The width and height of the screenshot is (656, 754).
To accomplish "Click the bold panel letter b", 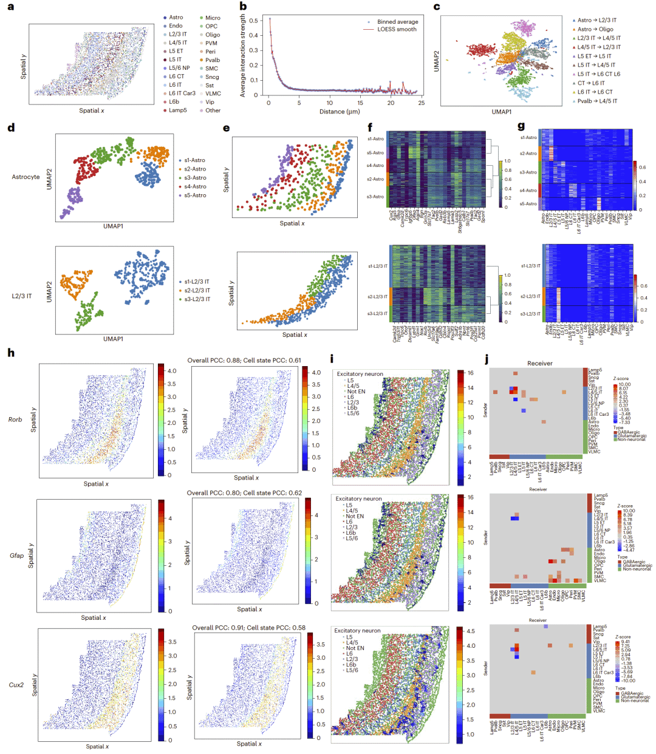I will click(243, 7).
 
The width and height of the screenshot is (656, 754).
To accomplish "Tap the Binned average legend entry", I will click(397, 22).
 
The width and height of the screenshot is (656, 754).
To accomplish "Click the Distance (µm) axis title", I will click(340, 112).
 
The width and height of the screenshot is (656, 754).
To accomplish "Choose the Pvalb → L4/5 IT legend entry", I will click(596, 101).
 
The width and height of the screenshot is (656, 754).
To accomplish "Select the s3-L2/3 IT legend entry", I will click(197, 299).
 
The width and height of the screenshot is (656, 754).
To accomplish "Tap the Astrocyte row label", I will click(26, 177).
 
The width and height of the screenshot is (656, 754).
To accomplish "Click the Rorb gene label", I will click(15, 419).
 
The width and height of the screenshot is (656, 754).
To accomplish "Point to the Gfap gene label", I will click(16, 555).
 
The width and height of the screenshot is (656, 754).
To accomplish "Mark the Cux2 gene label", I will click(16, 685).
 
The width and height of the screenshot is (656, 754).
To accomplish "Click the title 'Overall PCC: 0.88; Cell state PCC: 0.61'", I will click(244, 361).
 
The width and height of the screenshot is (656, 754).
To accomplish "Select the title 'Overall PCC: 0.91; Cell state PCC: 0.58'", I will click(249, 628).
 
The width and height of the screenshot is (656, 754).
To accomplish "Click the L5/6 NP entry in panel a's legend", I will click(179, 68).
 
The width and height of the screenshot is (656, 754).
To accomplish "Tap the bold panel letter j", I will click(487, 359).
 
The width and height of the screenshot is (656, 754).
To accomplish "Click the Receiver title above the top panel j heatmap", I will click(539, 363).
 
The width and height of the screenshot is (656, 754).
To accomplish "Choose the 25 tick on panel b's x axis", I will click(422, 103).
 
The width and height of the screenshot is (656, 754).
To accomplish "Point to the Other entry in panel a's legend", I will click(213, 110).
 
